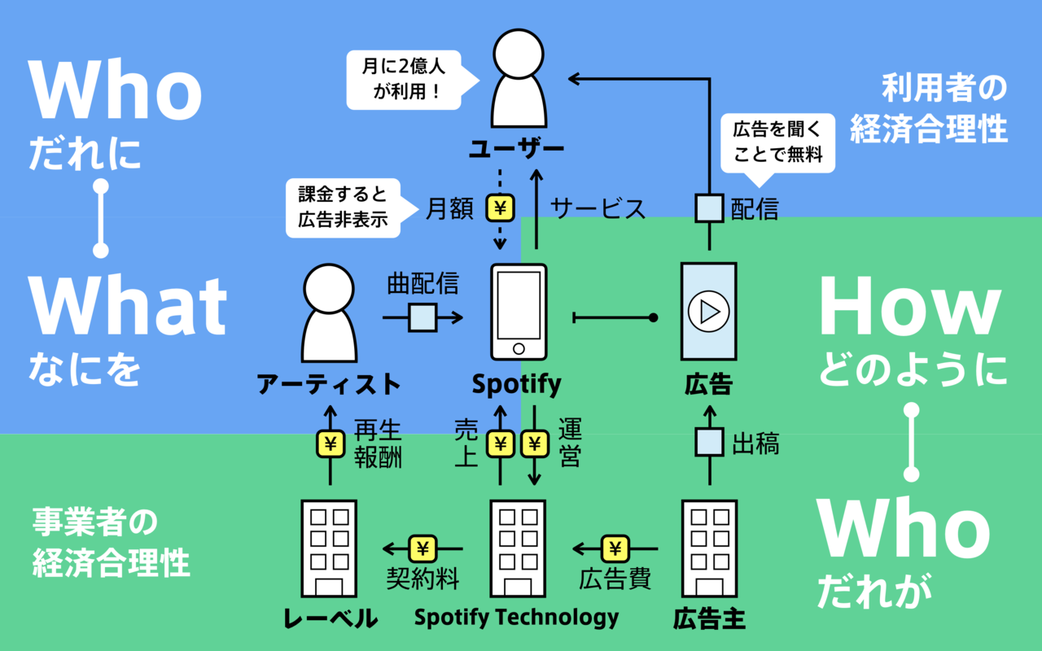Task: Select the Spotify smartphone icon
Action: coord(519,311)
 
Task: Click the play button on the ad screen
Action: coord(708,311)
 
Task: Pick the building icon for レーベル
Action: coord(329,550)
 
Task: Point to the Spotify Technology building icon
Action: coord(518,550)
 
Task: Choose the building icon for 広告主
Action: coord(708,550)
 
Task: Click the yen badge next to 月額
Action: coord(501,208)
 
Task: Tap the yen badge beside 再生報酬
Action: coord(330,444)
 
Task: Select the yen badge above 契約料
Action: coord(422,548)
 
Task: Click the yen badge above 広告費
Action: coord(615,548)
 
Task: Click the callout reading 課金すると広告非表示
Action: coord(343,208)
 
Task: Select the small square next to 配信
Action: coord(709,208)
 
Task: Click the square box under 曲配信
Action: coord(422,317)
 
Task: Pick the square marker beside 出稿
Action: coord(709,443)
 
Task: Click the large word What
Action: coord(128,308)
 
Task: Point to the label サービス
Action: coord(598,208)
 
